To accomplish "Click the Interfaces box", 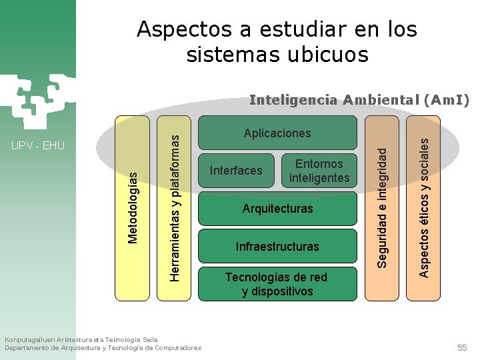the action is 236,171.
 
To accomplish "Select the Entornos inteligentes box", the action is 319,171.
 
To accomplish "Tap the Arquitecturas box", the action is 278,209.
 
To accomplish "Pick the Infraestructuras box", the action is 278,247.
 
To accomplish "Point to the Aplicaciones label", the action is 277,133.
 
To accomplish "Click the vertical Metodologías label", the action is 133,207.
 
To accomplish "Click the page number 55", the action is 462,348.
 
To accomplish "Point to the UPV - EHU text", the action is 38,145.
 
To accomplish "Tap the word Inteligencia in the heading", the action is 293,101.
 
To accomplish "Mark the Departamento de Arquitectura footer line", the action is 103,348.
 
